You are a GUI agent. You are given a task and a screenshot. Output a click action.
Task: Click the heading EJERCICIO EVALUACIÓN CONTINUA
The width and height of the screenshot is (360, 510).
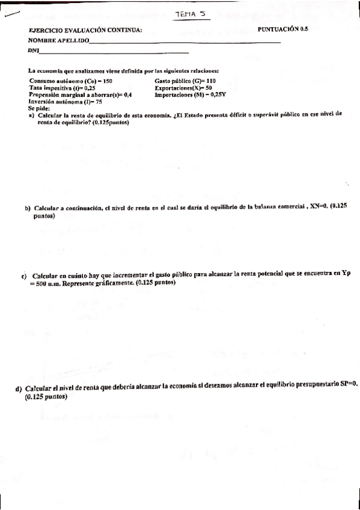[85, 31]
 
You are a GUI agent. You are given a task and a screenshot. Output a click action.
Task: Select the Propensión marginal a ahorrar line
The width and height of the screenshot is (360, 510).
[80, 95]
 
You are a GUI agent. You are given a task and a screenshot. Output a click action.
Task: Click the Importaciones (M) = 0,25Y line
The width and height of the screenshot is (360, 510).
[190, 95]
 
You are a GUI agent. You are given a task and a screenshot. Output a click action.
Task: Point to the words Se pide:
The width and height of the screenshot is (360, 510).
[39, 109]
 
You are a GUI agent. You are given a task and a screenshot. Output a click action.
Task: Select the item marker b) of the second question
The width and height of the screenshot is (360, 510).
[28, 209]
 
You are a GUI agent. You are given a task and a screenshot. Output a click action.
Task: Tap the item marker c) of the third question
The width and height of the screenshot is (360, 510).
[24, 276]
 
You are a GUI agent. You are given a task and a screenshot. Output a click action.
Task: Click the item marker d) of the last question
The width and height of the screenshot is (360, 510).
[19, 388]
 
